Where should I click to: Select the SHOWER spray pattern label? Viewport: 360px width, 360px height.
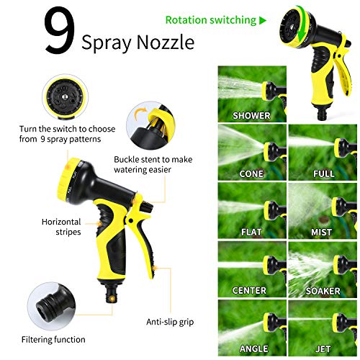pyautogui.click(x=251, y=115)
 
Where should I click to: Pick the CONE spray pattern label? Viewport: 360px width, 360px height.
pyautogui.click(x=251, y=174)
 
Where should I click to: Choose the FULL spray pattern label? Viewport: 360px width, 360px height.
pyautogui.click(x=323, y=174)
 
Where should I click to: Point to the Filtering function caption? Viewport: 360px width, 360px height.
pyautogui.click(x=53, y=339)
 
